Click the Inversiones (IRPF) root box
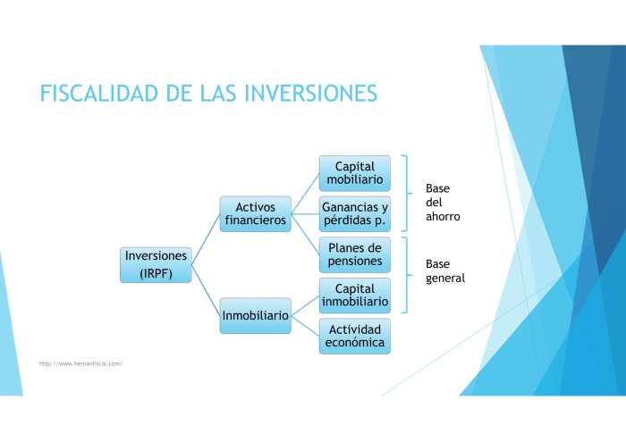(156, 264)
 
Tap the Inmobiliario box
(256, 316)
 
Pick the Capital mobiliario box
(355, 173)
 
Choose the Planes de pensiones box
(355, 254)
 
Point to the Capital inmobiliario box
(355, 295)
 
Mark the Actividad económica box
(355, 336)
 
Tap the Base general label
(444, 271)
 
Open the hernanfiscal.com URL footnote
(80, 363)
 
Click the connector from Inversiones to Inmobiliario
(207, 290)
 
